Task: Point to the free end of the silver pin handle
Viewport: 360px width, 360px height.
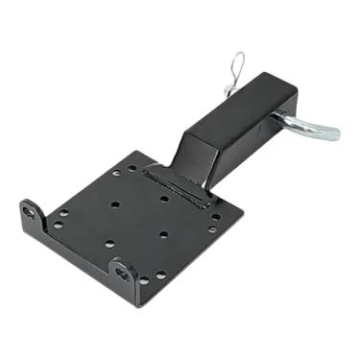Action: pos(333,132)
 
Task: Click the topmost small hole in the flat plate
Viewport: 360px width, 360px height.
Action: pos(132,168)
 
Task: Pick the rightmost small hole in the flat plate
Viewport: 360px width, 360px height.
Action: pos(217,216)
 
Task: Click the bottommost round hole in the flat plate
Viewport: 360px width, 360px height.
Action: pos(143,280)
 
